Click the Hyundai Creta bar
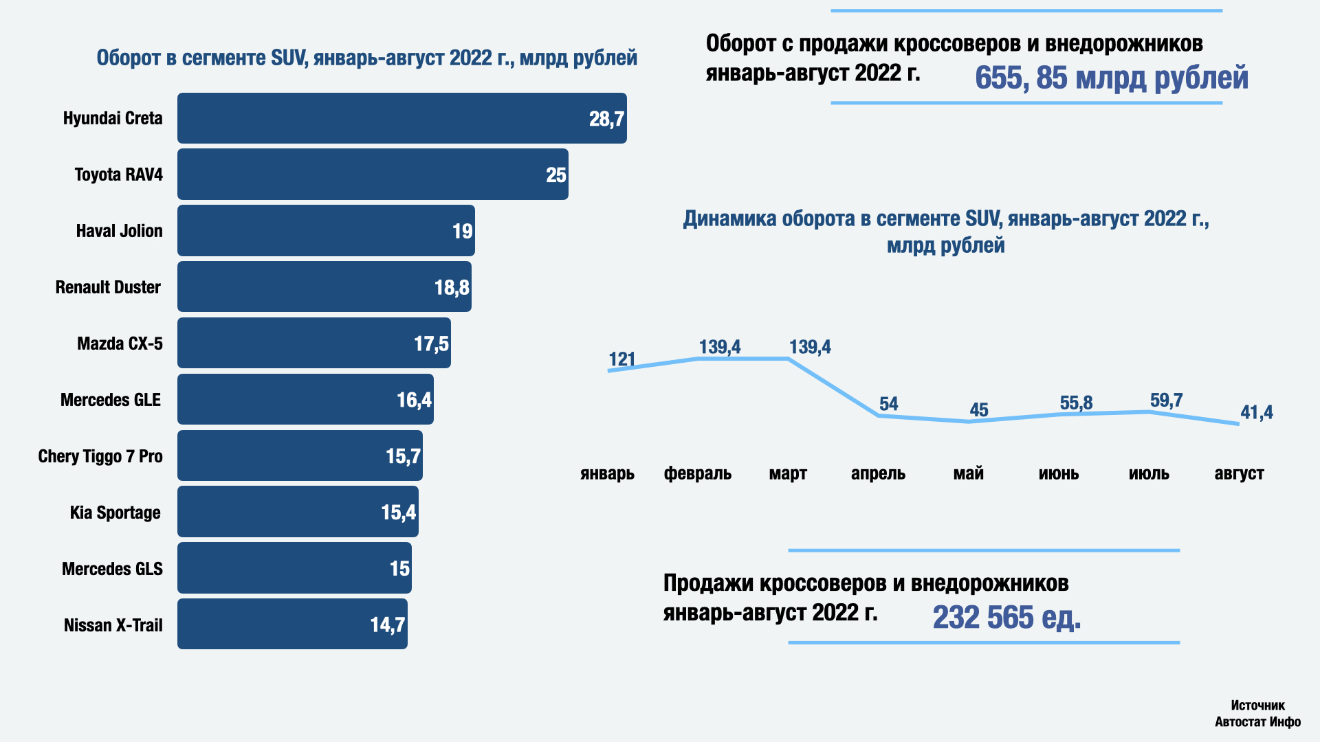[x=401, y=118]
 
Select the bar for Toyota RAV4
[x=372, y=175]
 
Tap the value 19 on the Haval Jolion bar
[x=462, y=232]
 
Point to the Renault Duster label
[x=108, y=287]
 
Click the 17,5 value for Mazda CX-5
[x=431, y=344]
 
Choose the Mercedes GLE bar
[x=305, y=399]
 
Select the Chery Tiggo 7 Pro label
[x=100, y=456]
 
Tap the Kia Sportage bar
[x=297, y=512]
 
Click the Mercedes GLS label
[x=112, y=569]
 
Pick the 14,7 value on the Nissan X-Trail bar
[x=388, y=625]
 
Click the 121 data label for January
[x=621, y=359]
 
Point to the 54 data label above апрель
[x=888, y=404]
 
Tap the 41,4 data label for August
[x=1256, y=412]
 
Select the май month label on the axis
[x=968, y=473]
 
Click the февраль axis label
[x=697, y=473]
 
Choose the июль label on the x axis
[x=1149, y=473]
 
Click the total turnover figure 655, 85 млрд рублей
[x=1111, y=78]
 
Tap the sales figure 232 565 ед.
[x=1006, y=617]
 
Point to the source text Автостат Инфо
[x=1257, y=721]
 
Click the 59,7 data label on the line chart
[x=1166, y=400]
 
